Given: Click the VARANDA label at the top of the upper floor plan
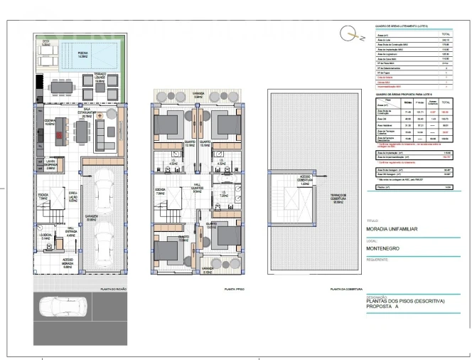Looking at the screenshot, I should (x=198, y=92).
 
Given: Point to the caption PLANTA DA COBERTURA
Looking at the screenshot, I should (x=342, y=290).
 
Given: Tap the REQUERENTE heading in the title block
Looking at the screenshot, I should (x=378, y=260).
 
